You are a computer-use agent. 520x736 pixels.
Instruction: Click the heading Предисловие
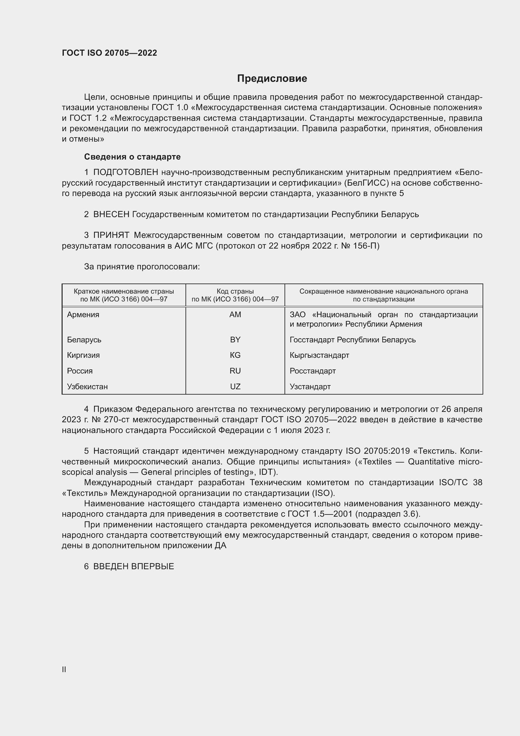tap(272, 79)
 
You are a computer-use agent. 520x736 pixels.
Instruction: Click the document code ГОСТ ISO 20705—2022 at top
tap(109, 53)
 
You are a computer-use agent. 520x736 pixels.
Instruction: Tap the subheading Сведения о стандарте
tap(132, 157)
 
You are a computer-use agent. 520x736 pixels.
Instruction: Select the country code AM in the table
tap(235, 314)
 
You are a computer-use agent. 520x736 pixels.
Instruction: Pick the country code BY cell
tap(235, 340)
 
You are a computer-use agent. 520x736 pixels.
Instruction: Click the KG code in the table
tap(235, 355)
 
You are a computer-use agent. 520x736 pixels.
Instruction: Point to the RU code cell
tap(235, 371)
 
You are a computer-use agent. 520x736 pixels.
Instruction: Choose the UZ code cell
tap(235, 387)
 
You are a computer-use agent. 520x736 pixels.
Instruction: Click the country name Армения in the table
tap(83, 314)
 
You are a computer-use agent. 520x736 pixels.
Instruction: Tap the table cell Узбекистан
tap(87, 387)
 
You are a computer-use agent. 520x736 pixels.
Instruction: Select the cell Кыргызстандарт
tap(319, 355)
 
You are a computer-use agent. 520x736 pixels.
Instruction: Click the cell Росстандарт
tap(313, 371)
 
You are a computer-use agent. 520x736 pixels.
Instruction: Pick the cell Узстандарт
tap(310, 387)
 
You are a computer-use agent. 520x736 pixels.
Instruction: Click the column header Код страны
tap(235, 291)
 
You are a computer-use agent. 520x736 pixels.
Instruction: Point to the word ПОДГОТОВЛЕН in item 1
tap(125, 172)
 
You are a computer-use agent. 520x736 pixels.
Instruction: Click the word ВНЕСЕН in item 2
tap(111, 215)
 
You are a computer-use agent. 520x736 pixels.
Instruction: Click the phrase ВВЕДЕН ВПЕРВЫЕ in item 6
tap(134, 566)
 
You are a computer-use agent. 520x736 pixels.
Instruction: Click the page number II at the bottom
tap(64, 669)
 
